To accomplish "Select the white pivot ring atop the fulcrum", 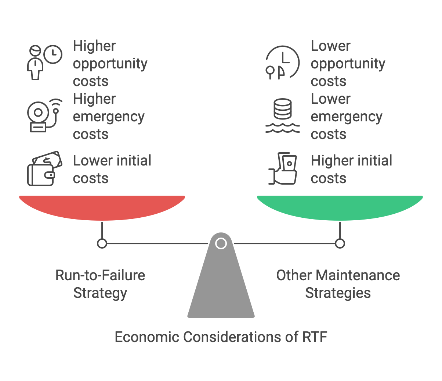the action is click(x=221, y=243).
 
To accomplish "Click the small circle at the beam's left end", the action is click(x=102, y=243).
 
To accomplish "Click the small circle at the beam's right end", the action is click(x=340, y=243).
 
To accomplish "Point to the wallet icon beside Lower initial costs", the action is click(x=45, y=168).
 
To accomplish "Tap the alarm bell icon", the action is click(x=45, y=115).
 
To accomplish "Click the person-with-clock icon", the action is click(x=45, y=62).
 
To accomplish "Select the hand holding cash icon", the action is click(x=283, y=168).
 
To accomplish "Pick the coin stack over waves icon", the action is click(x=282, y=115).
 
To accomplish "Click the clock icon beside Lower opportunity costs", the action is click(x=282, y=62).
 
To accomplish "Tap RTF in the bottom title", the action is click(x=315, y=337).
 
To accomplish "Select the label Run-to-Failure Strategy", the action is click(x=100, y=284).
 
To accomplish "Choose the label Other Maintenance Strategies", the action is click(x=338, y=284).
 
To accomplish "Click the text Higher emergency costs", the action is click(x=109, y=116).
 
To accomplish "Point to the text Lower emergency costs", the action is click(x=347, y=116).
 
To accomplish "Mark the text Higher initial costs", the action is click(x=352, y=169).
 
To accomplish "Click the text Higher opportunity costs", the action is click(x=110, y=63).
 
